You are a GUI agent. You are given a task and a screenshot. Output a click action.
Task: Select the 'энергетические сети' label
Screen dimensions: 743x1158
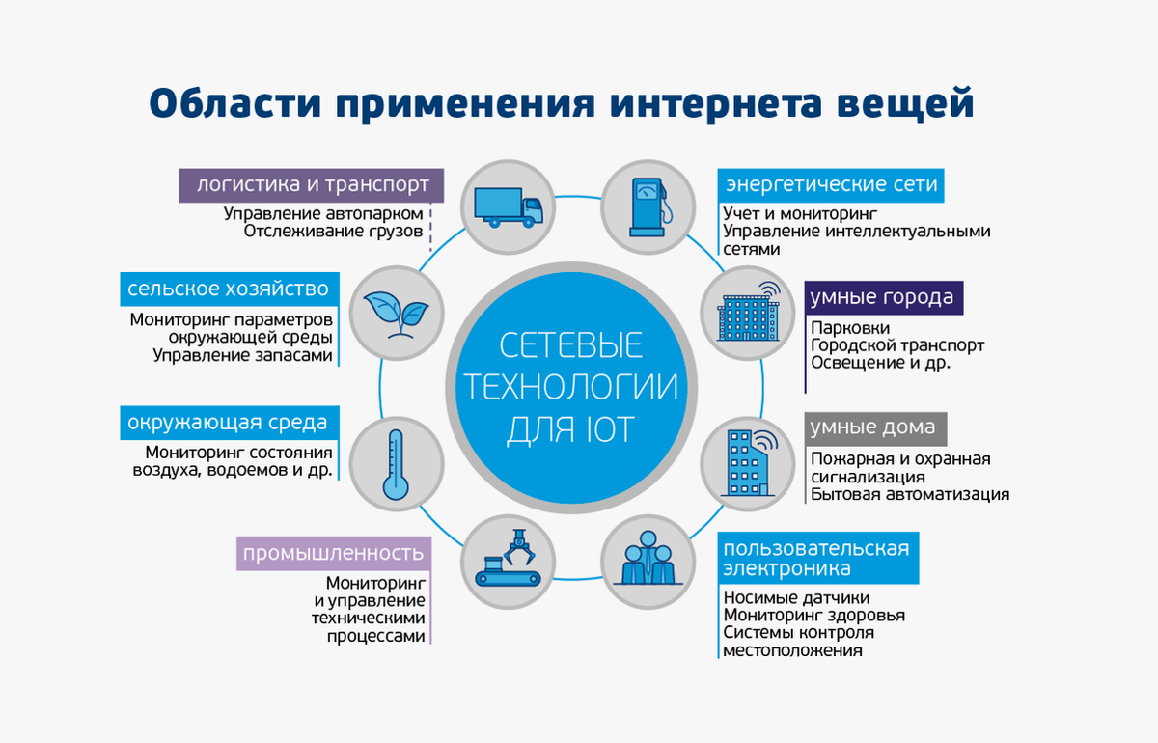click(831, 184)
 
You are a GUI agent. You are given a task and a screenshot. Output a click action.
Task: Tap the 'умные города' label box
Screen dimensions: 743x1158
click(882, 297)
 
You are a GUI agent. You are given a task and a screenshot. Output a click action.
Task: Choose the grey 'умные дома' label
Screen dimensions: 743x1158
click(872, 427)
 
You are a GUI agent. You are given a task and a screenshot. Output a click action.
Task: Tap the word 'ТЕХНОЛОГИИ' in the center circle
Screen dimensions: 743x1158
click(570, 387)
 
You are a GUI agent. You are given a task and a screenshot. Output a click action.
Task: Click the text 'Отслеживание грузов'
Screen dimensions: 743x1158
click(333, 232)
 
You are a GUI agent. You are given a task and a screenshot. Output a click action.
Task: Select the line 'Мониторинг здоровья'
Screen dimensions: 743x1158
click(813, 615)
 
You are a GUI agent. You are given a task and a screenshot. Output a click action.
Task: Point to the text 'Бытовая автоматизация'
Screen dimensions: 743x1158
click(909, 495)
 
